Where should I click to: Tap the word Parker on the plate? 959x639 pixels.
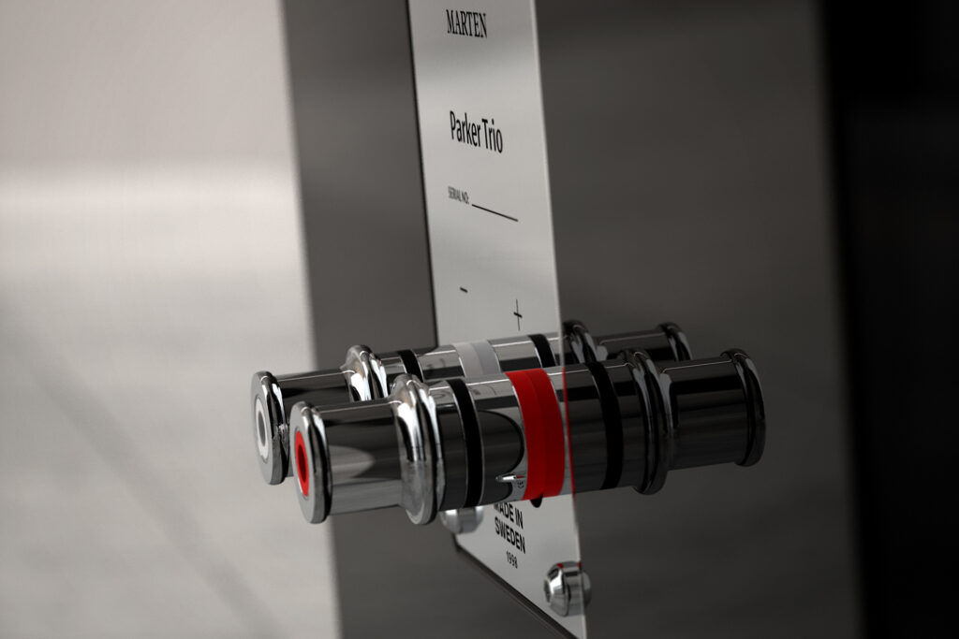coord(465,128)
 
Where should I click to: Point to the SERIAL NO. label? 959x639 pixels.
coord(458,195)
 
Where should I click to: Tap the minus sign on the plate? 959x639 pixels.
coord(464,290)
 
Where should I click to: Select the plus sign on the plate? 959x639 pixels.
coord(517,313)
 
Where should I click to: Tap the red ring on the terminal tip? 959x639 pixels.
coord(302,462)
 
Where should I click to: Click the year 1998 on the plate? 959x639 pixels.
coord(511,559)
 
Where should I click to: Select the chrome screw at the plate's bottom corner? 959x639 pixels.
coord(568,588)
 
